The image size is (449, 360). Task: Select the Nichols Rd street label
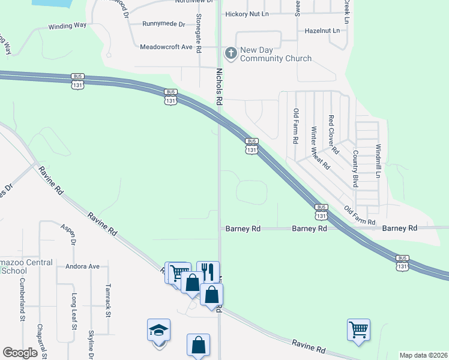point(219,88)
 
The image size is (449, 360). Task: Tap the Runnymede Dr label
point(163,24)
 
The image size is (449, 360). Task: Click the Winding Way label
point(68,26)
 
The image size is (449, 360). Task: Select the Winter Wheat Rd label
point(321,147)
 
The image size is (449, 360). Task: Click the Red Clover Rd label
point(333,134)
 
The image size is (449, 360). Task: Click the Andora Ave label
point(82,266)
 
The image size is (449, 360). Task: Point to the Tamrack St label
point(109,300)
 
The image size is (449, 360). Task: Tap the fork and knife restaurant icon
point(208,271)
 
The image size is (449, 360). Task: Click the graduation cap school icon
point(158,329)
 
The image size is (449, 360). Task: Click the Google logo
point(20,353)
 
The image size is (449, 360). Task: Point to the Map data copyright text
point(423,355)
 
